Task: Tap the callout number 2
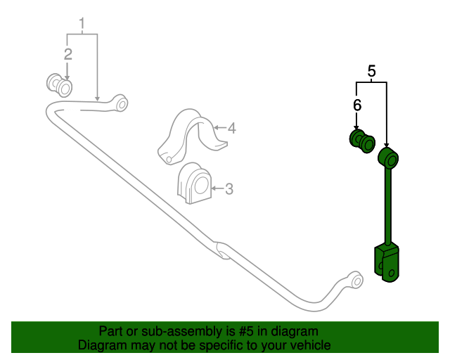coord(68,54)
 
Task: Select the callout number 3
coord(229,188)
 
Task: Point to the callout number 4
coord(231,128)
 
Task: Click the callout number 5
coord(372,70)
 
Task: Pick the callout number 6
coord(357,105)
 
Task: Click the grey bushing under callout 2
coord(60,85)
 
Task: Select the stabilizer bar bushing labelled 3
coord(195,183)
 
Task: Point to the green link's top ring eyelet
coord(387,157)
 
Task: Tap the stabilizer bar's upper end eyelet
coord(120,103)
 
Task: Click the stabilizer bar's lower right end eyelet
coord(356,281)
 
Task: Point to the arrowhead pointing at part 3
coord(214,188)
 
